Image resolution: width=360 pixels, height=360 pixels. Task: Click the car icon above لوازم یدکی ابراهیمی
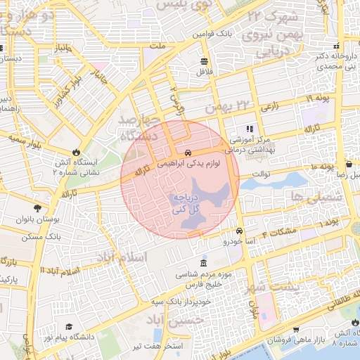click(x=188, y=153)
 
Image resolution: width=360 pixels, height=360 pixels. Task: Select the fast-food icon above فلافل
click(x=204, y=60)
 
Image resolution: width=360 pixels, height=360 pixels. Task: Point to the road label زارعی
click(x=269, y=108)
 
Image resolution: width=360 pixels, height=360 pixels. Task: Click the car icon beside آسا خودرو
click(x=240, y=231)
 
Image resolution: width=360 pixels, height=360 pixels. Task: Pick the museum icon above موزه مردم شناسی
click(x=204, y=263)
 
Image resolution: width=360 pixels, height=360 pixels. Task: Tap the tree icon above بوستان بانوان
click(x=37, y=208)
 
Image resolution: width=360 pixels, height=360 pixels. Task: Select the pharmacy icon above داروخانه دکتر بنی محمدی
click(x=342, y=45)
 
